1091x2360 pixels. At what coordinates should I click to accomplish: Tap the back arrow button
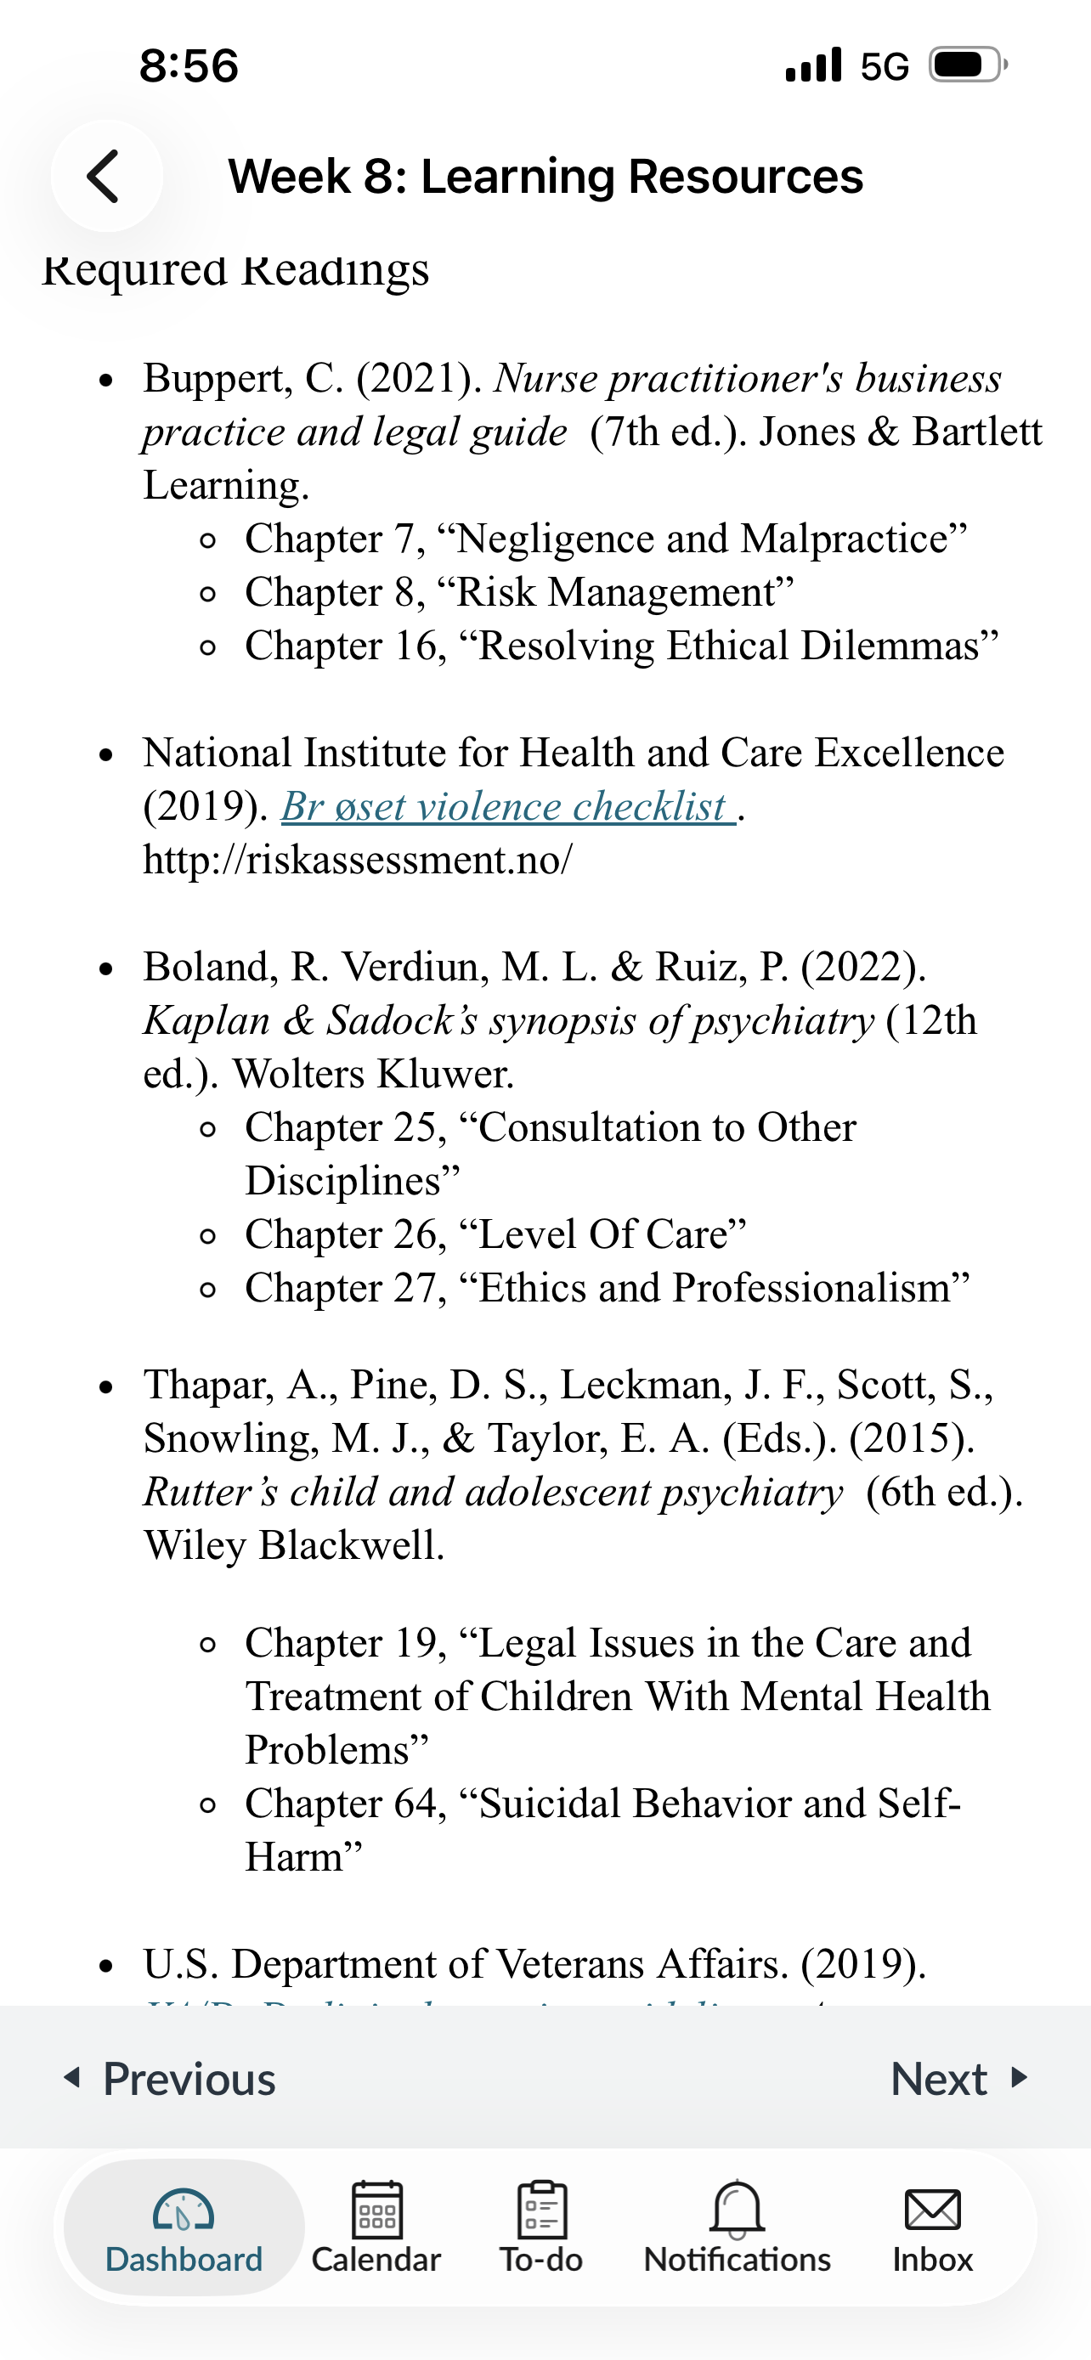(105, 176)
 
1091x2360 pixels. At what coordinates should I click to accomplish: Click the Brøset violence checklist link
(506, 807)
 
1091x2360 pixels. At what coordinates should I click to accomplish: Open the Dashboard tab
(184, 2228)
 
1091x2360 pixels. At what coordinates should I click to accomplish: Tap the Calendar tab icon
(376, 2210)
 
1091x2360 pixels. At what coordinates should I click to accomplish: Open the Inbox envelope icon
(932, 2210)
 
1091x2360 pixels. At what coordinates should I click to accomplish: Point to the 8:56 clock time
(189, 66)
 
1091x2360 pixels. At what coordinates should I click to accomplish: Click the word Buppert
(218, 378)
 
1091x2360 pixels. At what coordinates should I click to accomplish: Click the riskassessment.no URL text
(357, 861)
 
